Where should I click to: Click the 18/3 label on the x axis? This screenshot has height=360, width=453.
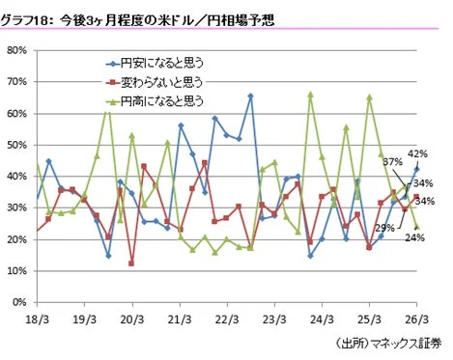pyautogui.click(x=38, y=318)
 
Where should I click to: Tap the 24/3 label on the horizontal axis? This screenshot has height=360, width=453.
pyautogui.click(x=323, y=318)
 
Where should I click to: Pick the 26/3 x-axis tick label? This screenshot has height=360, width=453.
pyautogui.click(x=416, y=318)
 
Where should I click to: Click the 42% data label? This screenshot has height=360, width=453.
pyautogui.click(x=417, y=153)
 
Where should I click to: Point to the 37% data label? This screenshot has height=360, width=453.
pyautogui.click(x=391, y=161)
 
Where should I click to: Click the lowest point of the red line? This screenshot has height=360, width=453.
pyautogui.click(x=131, y=263)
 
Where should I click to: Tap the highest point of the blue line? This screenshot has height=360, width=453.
pyautogui.click(x=250, y=96)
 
